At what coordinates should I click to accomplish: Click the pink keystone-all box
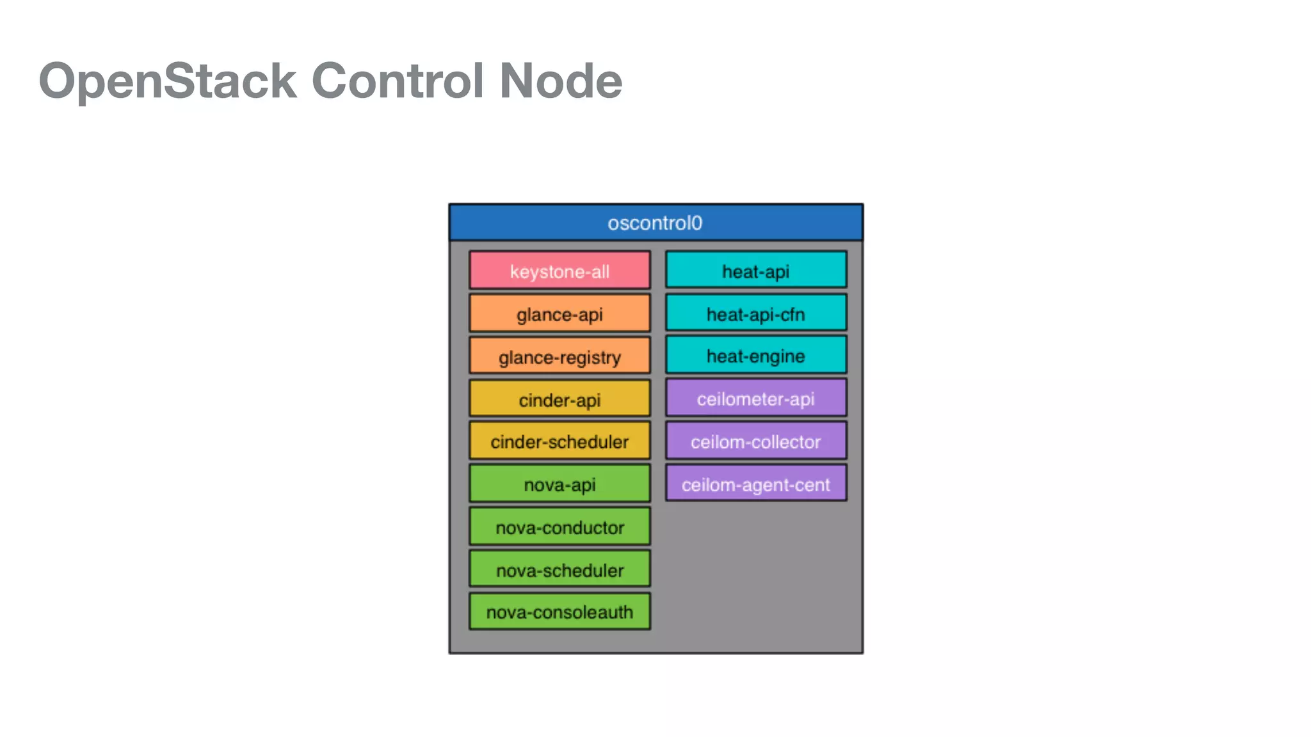pos(559,271)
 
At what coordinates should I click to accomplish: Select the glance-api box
pos(559,313)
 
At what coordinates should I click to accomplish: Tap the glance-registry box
pos(559,356)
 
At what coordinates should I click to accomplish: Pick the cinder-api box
pos(559,399)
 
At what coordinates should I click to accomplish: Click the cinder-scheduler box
pos(559,441)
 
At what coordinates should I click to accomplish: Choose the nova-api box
pos(559,484)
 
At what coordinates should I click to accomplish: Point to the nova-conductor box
pos(559,527)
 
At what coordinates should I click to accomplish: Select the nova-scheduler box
pos(559,569)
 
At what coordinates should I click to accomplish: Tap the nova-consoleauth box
pos(559,612)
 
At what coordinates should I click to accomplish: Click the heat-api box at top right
pos(755,271)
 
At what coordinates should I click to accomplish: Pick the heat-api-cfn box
pos(755,313)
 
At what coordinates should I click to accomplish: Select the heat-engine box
pos(755,356)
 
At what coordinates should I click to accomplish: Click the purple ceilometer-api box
pos(755,399)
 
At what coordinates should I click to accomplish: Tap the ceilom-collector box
pos(755,441)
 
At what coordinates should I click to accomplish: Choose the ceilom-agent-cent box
pos(755,484)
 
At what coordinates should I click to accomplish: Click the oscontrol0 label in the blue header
pos(655,223)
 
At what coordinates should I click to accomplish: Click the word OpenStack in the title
pos(168,81)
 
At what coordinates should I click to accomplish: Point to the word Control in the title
pos(397,81)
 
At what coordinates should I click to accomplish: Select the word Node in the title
pos(560,81)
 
